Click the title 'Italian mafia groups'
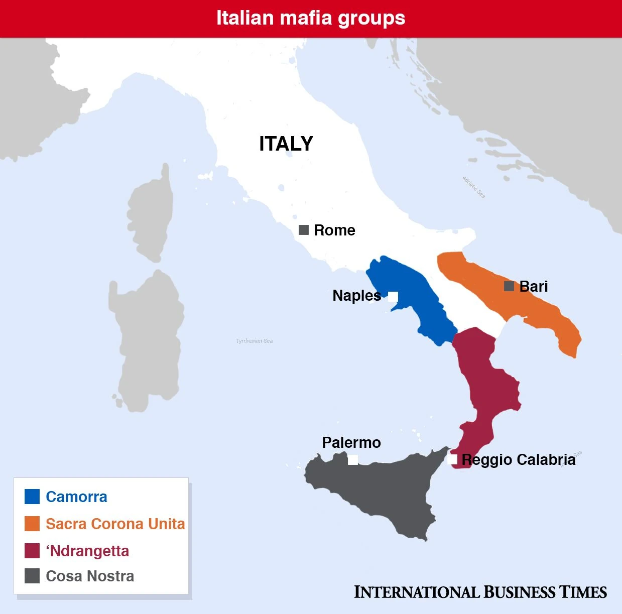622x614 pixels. tap(311, 18)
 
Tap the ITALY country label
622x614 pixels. tap(286, 144)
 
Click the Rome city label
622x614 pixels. tap(334, 230)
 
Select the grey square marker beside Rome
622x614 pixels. tap(304, 230)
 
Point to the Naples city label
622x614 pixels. tap(356, 295)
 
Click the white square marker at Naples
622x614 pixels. tap(393, 296)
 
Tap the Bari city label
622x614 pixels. tap(534, 286)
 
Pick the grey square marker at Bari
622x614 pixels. tap(509, 286)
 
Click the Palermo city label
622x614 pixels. tap(351, 442)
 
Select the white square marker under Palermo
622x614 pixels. tap(353, 459)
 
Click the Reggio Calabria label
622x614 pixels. tap(518, 459)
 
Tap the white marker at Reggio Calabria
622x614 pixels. tap(452, 459)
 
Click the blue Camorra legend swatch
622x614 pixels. tap(32, 497)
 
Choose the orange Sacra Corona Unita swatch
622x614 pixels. tap(32, 524)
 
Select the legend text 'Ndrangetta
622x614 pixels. tap(87, 551)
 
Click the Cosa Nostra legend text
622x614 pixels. tap(90, 576)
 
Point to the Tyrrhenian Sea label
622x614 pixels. tap(255, 341)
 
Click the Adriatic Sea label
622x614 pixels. tap(474, 187)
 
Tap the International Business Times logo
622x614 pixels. tap(480, 592)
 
